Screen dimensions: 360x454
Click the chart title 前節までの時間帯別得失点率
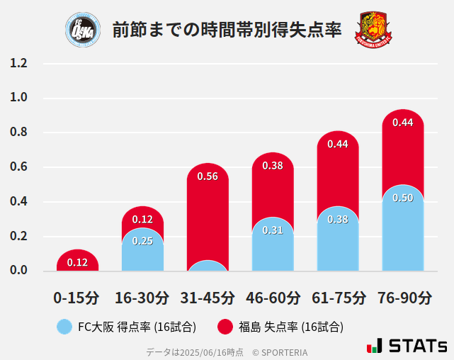click(227, 30)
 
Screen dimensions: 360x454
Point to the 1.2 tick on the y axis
click(18, 63)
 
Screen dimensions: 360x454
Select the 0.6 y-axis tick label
click(18, 167)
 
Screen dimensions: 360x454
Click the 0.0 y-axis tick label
click(18, 271)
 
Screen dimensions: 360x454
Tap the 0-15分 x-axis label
click(77, 297)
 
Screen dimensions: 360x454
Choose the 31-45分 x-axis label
click(208, 297)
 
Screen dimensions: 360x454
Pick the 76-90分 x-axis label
click(403, 297)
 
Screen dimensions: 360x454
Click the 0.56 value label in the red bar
click(208, 177)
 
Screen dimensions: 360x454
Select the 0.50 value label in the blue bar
click(403, 198)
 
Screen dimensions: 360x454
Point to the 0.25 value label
click(142, 241)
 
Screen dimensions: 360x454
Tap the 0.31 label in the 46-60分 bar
click(273, 230)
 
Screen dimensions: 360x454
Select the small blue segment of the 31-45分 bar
click(208, 266)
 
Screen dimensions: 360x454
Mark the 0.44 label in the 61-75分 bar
click(338, 144)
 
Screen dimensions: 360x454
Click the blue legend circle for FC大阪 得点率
click(64, 327)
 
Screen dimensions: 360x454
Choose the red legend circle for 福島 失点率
click(225, 327)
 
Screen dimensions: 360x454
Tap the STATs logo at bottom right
click(407, 346)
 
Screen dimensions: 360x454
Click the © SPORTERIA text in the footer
click(280, 351)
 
